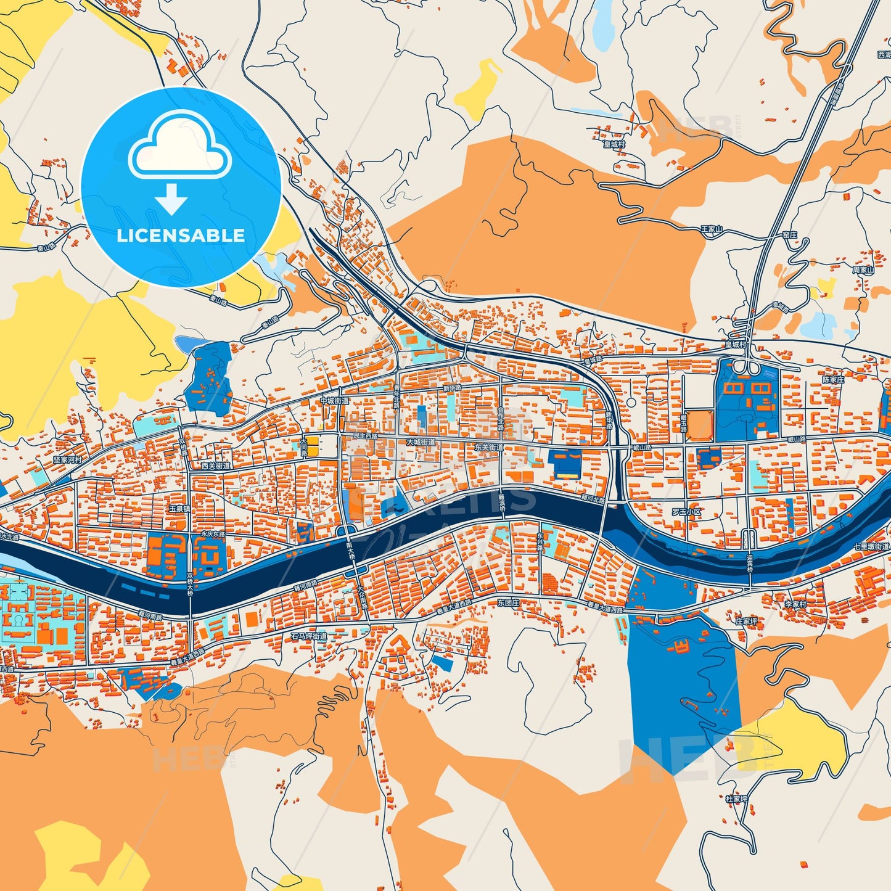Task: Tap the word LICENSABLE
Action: pos(181,236)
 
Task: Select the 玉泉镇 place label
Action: pos(179,509)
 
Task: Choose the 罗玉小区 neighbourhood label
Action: pos(686,512)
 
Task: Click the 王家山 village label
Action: pos(711,229)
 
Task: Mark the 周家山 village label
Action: pos(863,270)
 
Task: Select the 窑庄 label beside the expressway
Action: pos(790,235)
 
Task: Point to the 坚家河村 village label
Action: pos(67,460)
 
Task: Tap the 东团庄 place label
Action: pos(508,603)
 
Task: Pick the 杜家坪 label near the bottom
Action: pos(736,799)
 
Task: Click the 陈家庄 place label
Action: pos(833,380)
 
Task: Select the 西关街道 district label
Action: pos(216,466)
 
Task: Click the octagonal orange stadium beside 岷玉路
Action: pos(700,425)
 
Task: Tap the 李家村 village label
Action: pos(795,604)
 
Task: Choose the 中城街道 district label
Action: pos(334,401)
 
